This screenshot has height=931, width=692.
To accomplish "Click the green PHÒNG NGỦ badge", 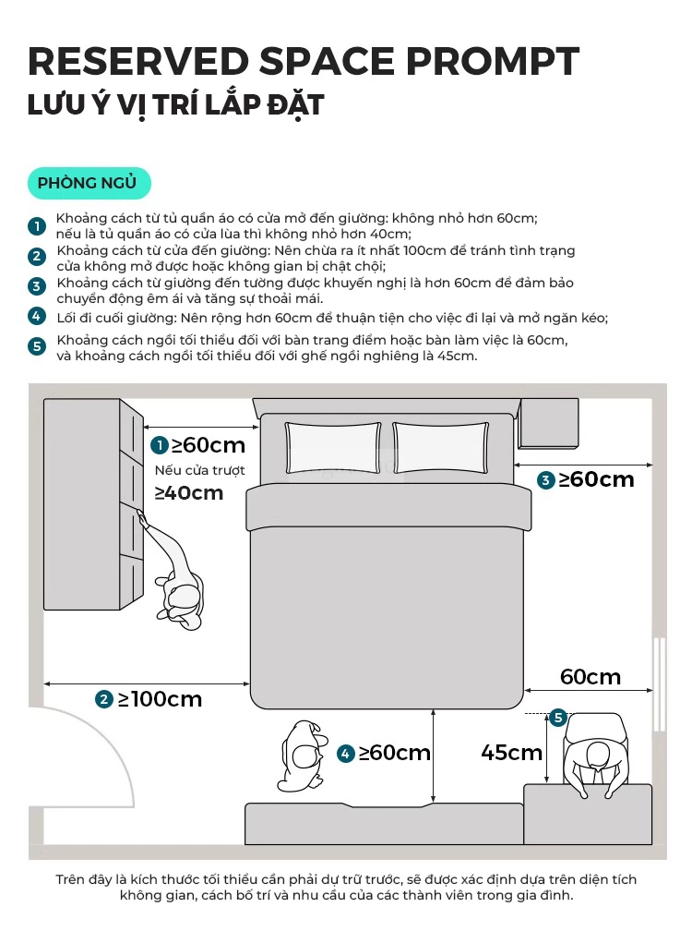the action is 89,183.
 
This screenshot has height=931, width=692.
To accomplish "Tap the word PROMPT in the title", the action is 492,61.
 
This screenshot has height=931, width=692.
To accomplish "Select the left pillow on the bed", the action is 333,448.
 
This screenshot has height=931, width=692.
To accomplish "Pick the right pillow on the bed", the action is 441,448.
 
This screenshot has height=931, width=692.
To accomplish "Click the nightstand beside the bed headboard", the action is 548,423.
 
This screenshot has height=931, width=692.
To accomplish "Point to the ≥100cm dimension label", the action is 161,699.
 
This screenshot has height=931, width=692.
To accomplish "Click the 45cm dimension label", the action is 511,752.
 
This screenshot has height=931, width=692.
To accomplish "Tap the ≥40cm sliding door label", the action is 188,493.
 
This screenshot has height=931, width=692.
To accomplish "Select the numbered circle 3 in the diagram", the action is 545,479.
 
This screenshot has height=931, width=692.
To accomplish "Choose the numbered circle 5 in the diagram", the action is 558,718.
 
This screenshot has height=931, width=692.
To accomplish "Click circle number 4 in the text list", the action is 37,317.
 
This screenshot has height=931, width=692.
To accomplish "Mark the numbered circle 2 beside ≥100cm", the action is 103,699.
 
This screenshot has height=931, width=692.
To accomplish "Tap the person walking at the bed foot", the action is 304,756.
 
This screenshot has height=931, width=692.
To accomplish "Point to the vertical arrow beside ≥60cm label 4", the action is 434,756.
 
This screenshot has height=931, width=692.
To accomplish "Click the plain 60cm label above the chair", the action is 590,677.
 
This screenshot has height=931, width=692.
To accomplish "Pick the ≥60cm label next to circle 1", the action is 208,445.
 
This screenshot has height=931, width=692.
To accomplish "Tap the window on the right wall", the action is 659,684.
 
